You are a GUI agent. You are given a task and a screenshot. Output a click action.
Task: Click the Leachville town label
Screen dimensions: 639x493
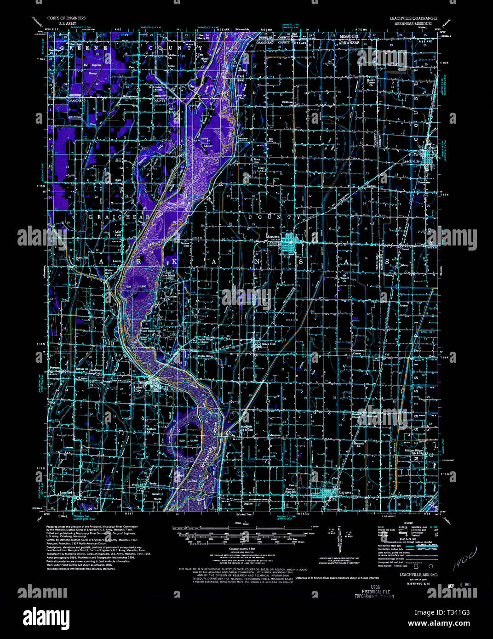click(411, 161)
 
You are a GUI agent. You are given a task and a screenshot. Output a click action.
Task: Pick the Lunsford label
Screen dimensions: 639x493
click(66, 492)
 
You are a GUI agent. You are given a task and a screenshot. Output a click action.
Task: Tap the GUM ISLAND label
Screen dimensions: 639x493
click(139, 286)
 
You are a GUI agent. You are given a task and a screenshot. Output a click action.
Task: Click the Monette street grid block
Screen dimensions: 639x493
click(290, 242)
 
